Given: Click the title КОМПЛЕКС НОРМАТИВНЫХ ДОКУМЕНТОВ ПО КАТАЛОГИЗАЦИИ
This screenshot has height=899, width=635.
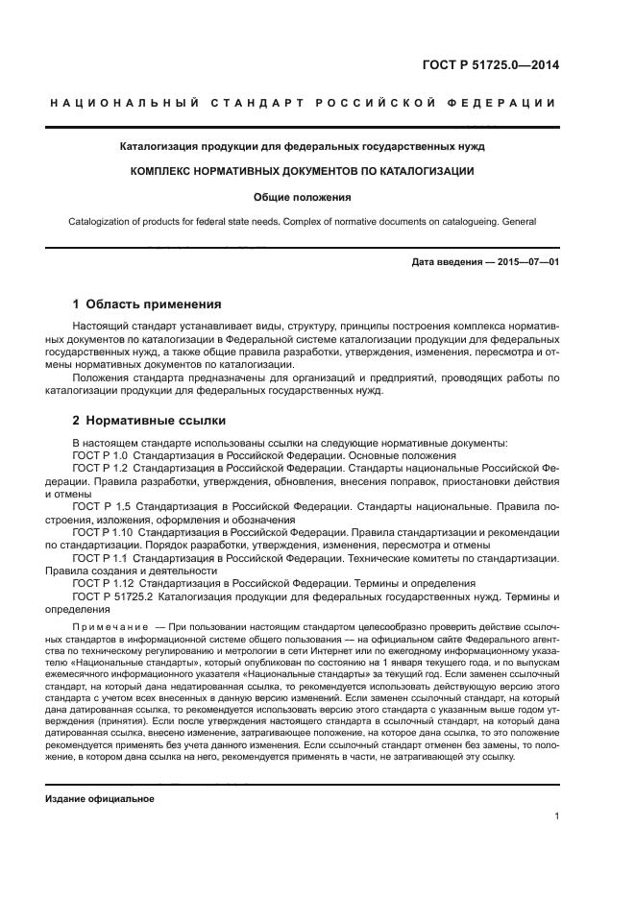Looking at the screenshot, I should point(303,171).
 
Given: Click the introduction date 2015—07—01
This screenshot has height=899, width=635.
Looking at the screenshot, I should point(526,261).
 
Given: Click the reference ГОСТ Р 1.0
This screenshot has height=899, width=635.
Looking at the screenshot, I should point(100,455).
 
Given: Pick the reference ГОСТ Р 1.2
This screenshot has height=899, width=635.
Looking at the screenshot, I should point(100,468).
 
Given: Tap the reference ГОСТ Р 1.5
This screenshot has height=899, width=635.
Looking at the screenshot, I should point(101,506).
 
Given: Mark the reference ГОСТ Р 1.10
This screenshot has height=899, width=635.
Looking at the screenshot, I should point(103,531).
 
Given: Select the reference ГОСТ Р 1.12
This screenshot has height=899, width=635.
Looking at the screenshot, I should point(103,583).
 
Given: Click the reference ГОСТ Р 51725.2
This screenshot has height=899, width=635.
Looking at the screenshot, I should point(114,595).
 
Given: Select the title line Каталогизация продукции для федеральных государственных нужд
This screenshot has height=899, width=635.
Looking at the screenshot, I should point(303,147).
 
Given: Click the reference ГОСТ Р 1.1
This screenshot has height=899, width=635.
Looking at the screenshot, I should point(100,557).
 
